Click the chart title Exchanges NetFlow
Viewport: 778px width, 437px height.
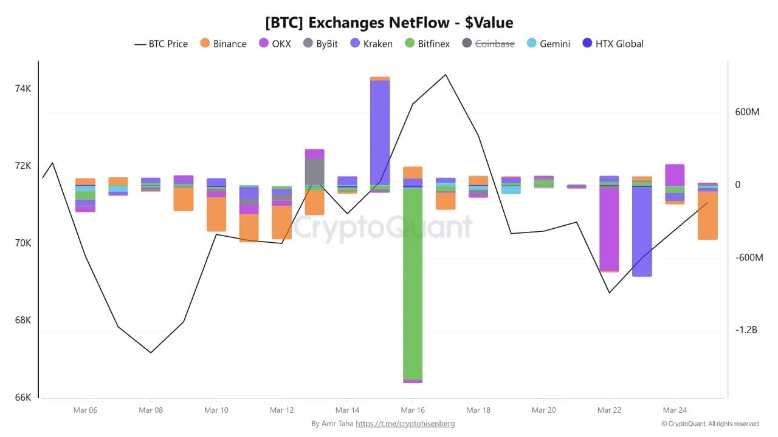[x=389, y=22]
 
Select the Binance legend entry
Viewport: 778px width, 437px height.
[x=222, y=44]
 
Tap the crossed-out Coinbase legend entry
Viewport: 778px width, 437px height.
[x=488, y=44]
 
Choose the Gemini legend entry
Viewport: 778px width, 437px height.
[x=548, y=44]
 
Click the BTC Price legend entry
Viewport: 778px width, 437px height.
[x=161, y=44]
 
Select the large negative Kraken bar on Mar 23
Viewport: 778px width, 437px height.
[x=642, y=231]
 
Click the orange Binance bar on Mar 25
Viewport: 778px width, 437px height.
[x=707, y=215]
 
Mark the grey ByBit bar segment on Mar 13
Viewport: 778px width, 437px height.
[x=314, y=171]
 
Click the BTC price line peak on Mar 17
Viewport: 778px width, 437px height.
[x=446, y=75]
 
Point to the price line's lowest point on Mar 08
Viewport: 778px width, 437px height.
[x=151, y=352]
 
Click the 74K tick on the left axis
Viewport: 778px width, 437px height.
[x=22, y=89]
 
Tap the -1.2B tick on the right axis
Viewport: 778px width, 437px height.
[x=746, y=330]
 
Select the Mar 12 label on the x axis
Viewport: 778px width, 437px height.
[x=281, y=410]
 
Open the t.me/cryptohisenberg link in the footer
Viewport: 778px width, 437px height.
[x=405, y=424]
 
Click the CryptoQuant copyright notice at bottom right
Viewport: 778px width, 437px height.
[x=709, y=424]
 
